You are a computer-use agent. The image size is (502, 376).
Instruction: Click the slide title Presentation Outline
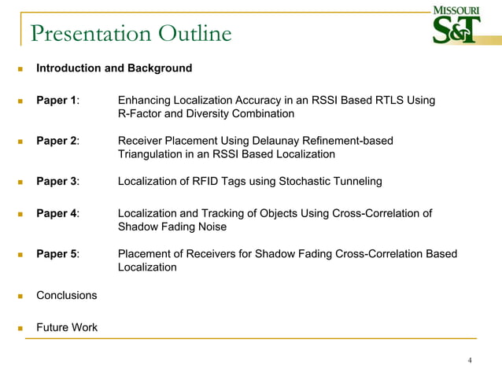click(x=131, y=34)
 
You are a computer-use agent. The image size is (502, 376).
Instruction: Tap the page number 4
click(x=470, y=361)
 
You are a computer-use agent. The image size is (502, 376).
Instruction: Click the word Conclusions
click(x=67, y=295)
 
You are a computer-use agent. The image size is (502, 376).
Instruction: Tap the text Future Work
click(x=67, y=326)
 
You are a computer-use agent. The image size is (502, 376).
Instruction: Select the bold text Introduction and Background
click(x=114, y=68)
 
